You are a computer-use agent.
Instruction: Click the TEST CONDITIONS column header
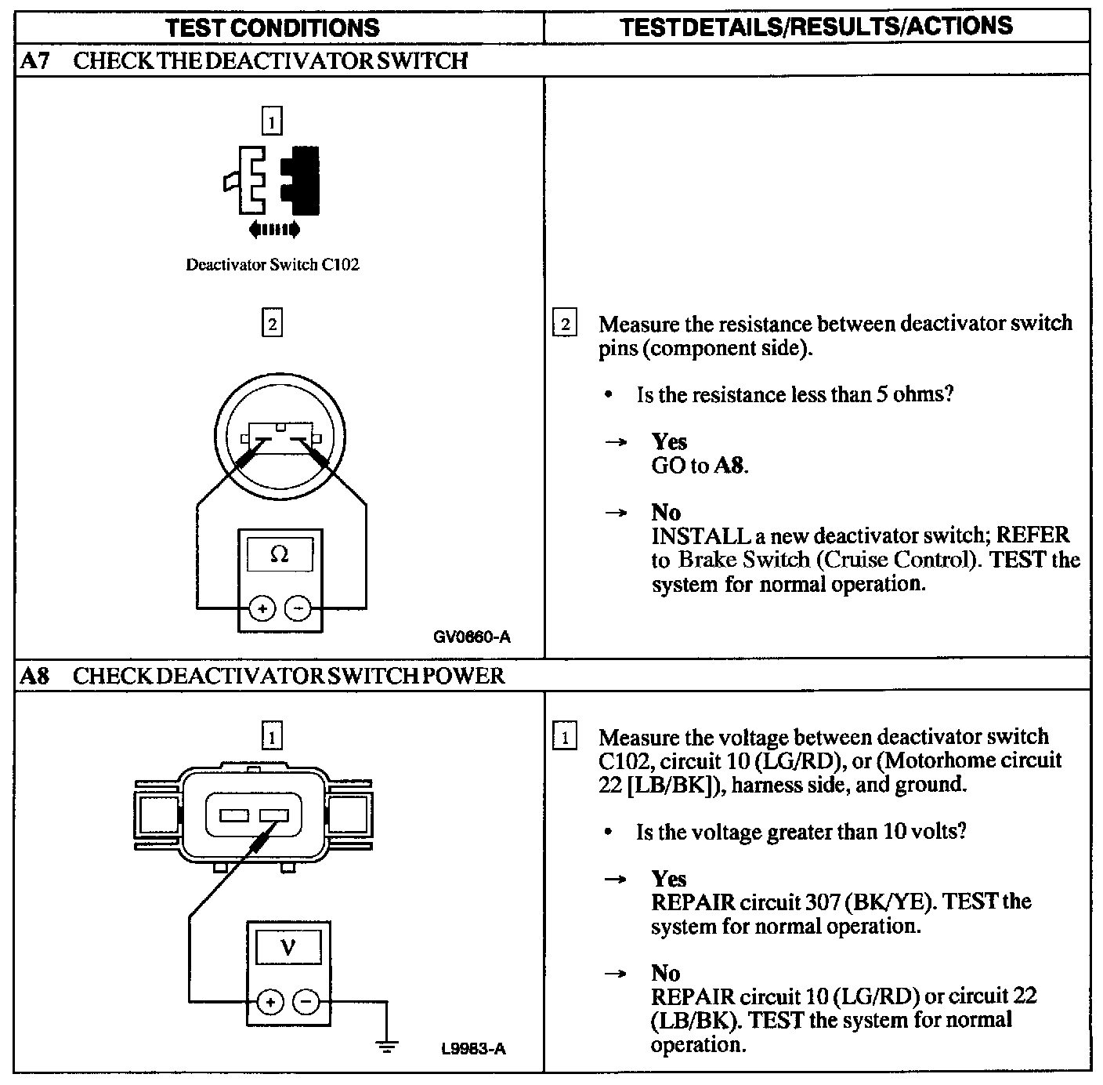tap(273, 28)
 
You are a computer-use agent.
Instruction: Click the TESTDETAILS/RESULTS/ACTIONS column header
tap(815, 27)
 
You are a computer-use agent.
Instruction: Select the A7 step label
tap(34, 61)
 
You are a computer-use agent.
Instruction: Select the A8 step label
tap(34, 676)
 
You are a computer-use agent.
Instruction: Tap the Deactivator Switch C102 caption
tap(273, 265)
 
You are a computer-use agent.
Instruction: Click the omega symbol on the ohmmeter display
tap(280, 554)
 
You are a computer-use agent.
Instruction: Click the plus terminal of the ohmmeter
tap(262, 608)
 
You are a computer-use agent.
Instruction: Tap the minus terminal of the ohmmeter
tap(297, 608)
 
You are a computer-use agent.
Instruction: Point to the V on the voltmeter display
tap(288, 948)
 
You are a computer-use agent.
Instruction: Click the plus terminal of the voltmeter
tap(270, 1001)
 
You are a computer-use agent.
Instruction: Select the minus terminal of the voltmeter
tap(306, 1001)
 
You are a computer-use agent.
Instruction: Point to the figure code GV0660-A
tap(472, 637)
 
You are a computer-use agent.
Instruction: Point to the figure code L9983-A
tap(472, 1049)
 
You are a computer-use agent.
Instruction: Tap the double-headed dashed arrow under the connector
tap(273, 230)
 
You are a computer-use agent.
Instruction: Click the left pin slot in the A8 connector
tap(233, 816)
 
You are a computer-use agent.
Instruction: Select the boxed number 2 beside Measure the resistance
tap(565, 324)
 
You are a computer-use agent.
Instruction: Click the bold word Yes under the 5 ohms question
tap(669, 441)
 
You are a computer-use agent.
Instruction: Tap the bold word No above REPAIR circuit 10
tap(666, 973)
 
